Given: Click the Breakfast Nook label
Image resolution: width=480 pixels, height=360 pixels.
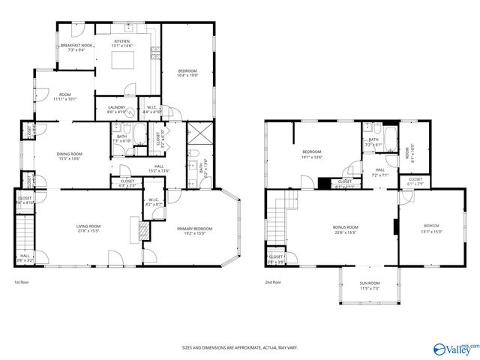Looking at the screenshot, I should coord(76,46).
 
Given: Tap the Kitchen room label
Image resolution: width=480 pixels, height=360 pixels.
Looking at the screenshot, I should coord(122,41).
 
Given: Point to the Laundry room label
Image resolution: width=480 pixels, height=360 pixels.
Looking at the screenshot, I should coord(116,107).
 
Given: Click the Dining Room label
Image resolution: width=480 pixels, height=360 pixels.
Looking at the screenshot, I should coord(68,154).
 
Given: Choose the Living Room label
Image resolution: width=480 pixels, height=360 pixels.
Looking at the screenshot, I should coord(88,226).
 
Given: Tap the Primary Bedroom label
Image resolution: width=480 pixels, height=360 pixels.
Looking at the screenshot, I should coord(194,229).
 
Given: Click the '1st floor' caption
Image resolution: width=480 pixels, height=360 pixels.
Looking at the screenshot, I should coord(22,283).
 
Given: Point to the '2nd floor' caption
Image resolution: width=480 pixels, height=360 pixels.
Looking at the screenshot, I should coord(273,283).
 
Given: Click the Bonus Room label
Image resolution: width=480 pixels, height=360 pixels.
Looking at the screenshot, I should coord(346,226).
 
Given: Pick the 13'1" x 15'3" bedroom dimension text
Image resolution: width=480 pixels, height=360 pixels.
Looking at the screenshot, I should coord(431,231).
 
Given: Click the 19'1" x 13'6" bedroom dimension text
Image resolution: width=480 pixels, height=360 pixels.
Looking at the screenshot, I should coord(311,157).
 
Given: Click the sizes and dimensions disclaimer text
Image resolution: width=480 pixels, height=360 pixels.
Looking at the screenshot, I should coord(239,347).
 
